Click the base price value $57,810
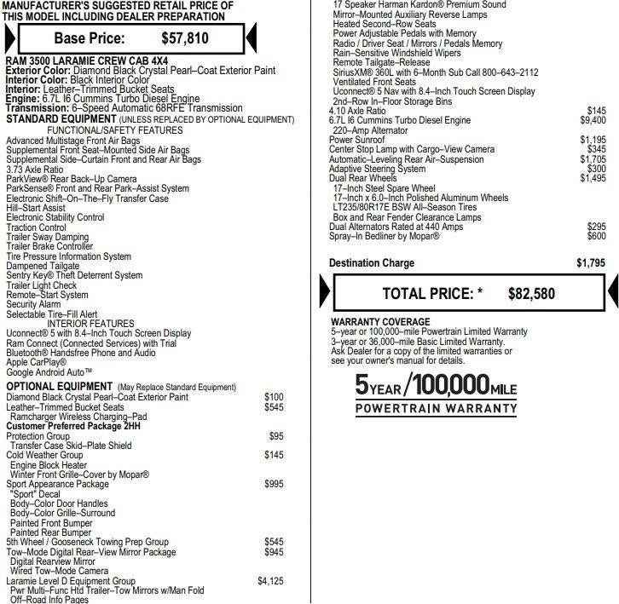(185, 38)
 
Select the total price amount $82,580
(531, 294)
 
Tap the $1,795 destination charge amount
(591, 263)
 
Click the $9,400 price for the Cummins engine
(593, 121)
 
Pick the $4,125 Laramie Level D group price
(270, 581)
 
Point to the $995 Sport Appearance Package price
(274, 484)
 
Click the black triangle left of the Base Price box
(9, 38)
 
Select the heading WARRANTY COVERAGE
(380, 322)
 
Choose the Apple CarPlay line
(36, 362)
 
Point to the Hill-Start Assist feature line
(36, 208)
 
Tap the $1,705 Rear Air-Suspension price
(593, 159)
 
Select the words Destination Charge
(372, 263)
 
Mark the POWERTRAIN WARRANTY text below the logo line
(436, 409)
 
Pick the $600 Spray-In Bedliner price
(596, 236)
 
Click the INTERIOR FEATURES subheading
(90, 324)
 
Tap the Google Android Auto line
(49, 372)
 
